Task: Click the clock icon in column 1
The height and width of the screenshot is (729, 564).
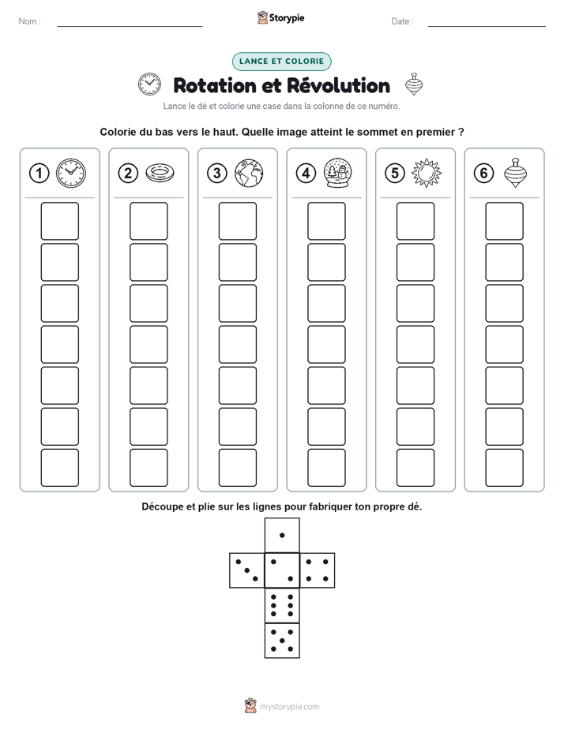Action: click(x=71, y=173)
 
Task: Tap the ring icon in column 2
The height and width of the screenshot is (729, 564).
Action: click(x=160, y=173)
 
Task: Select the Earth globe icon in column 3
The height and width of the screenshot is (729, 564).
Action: click(x=249, y=173)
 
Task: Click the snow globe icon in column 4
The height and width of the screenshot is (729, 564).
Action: click(x=337, y=173)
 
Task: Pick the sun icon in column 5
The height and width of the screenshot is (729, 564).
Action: click(x=427, y=173)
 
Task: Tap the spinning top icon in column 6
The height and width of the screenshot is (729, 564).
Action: click(x=515, y=173)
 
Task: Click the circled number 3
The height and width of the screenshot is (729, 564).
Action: click(x=217, y=173)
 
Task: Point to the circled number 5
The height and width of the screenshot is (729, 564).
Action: click(x=395, y=173)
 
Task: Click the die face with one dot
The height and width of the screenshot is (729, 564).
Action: click(x=282, y=535)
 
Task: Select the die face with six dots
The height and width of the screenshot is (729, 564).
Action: click(x=282, y=605)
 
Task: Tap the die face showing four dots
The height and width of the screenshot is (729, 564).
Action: click(x=318, y=570)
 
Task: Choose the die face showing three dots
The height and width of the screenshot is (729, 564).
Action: click(x=247, y=570)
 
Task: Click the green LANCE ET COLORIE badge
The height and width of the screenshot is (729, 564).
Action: click(x=281, y=62)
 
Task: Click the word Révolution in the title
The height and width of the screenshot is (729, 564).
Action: click(x=338, y=85)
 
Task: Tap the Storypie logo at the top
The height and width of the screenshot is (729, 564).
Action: click(x=280, y=17)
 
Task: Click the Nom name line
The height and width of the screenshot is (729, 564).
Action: click(x=130, y=26)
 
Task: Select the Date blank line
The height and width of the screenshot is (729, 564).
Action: click(x=487, y=26)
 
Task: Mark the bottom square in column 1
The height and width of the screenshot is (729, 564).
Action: click(x=59, y=468)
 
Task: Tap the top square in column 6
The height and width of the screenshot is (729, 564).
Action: click(x=505, y=221)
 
